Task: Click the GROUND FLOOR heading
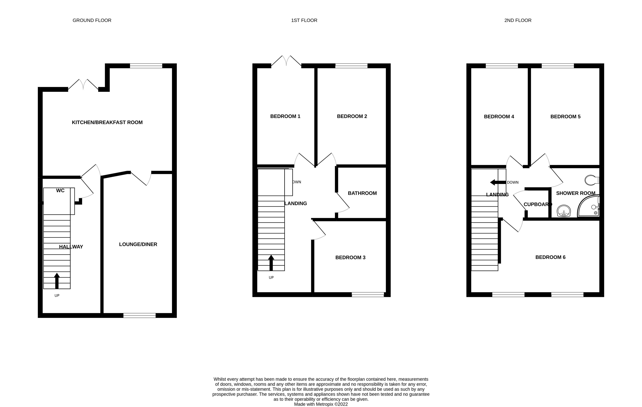(92, 20)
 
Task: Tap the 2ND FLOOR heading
(518, 20)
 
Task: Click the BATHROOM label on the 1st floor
(362, 193)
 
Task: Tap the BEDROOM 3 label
(350, 258)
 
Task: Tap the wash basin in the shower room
(564, 211)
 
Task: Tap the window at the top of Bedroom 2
(351, 66)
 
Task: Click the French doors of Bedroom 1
(286, 61)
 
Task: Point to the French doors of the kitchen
(83, 85)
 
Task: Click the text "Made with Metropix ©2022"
(321, 404)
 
